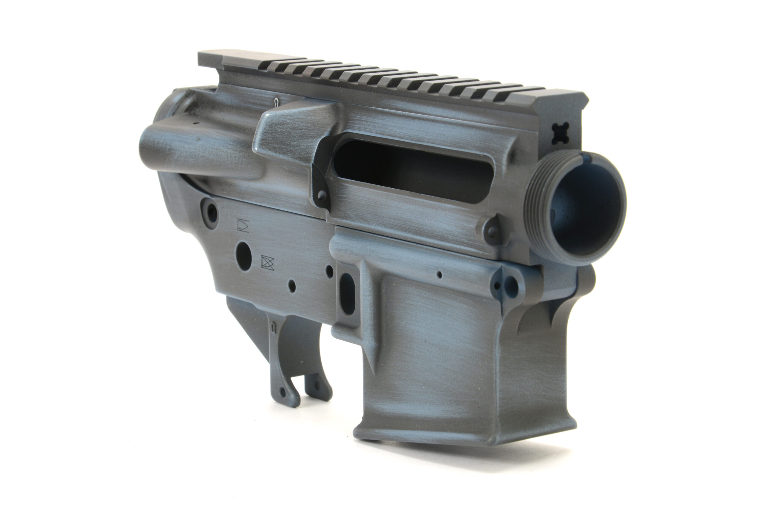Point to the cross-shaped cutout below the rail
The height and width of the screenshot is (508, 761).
561,133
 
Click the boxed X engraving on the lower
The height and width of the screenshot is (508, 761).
268,263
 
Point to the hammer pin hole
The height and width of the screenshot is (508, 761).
329,271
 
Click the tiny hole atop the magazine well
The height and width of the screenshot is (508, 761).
439,275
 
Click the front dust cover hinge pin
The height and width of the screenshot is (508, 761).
492,231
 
